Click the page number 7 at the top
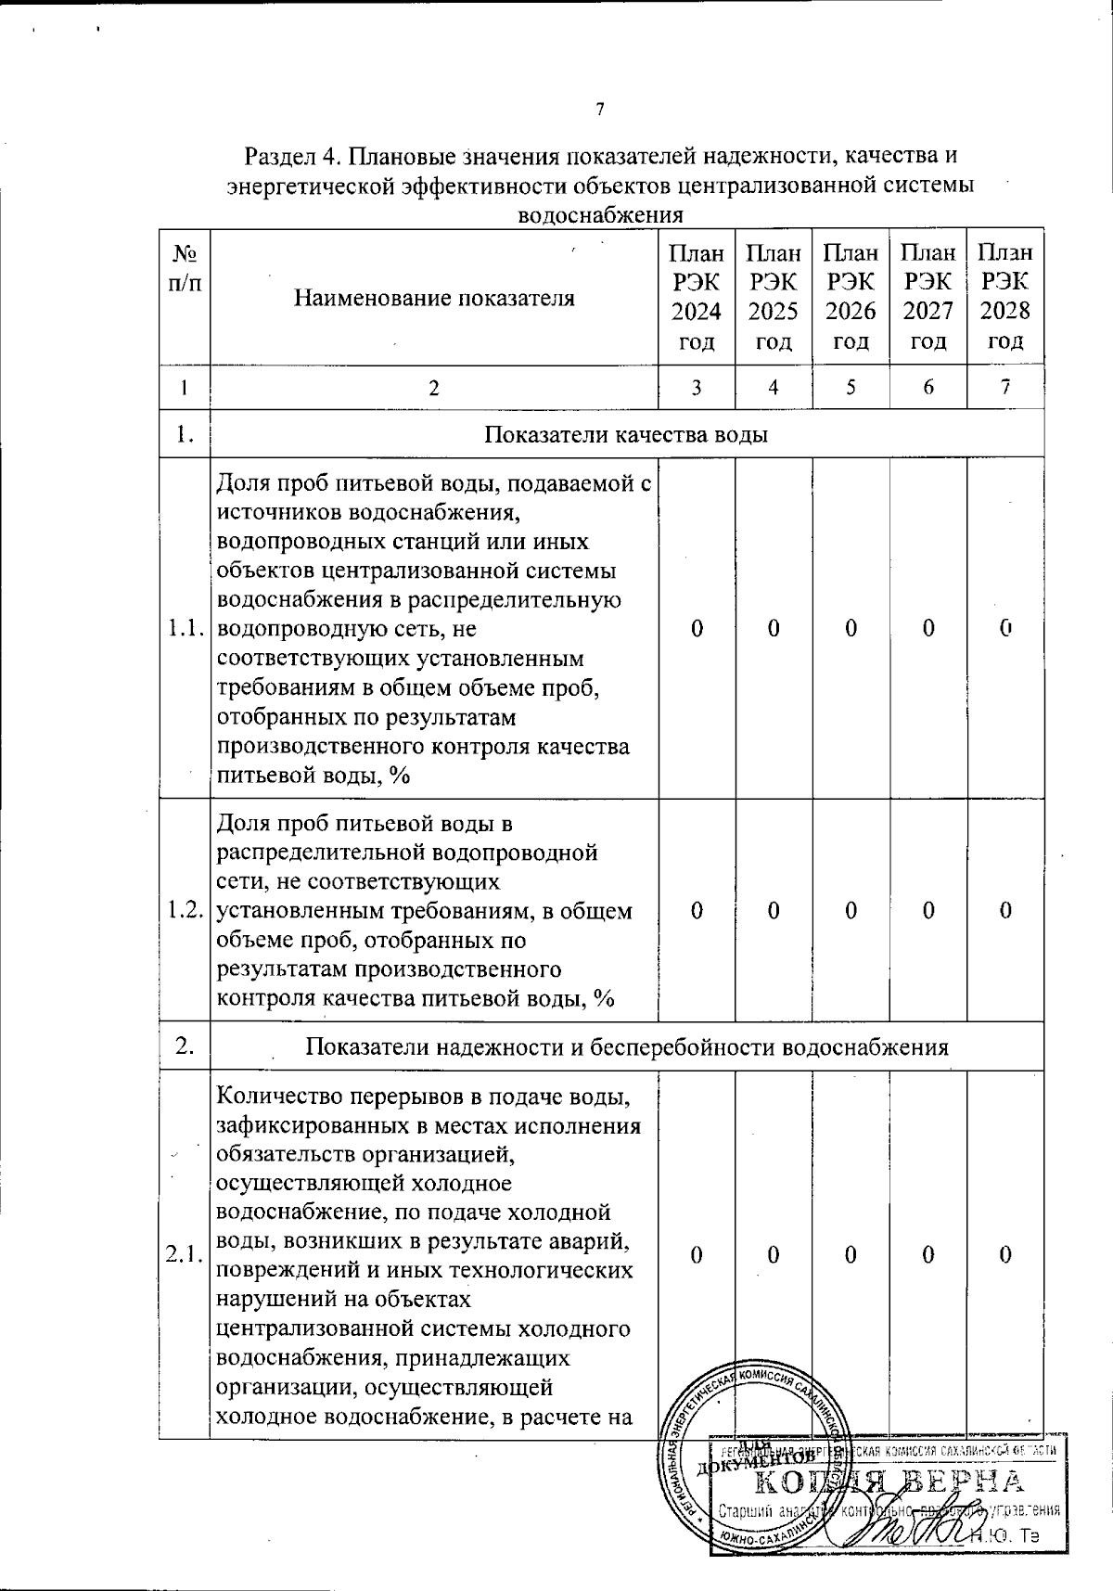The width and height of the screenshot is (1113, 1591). [599, 110]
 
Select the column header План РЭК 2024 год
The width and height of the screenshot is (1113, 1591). [697, 297]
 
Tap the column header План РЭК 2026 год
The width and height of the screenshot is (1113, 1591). [851, 297]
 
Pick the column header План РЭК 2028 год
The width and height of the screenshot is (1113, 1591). [1005, 297]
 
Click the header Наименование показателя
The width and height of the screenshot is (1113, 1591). [434, 298]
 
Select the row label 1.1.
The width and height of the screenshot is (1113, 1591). [185, 629]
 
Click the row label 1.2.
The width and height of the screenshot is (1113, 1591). [185, 910]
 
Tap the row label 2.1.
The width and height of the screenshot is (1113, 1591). [185, 1255]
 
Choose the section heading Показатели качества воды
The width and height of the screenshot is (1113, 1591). [627, 434]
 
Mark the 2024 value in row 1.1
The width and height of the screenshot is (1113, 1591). [697, 629]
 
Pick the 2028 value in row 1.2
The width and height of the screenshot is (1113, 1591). [1005, 910]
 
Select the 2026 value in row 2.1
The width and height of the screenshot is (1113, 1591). [851, 1255]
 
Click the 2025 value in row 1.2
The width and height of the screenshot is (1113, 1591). [774, 910]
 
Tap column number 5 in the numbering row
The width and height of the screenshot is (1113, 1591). [851, 388]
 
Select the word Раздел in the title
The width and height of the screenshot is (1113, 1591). [278, 155]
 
